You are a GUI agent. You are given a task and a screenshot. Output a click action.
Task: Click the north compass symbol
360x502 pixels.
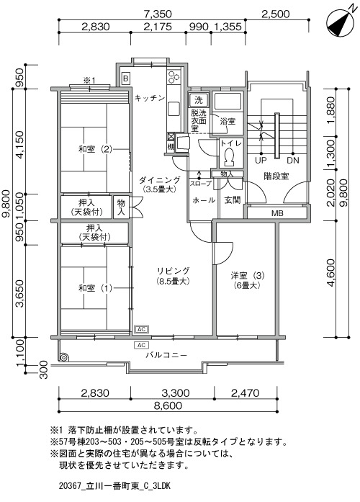pos(340,23)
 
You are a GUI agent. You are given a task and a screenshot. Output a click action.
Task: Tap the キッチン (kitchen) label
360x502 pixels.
pos(150,98)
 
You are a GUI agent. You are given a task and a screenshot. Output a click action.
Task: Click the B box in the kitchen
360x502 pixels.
pos(126,78)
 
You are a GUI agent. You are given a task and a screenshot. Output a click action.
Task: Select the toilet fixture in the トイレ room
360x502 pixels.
pos(228,156)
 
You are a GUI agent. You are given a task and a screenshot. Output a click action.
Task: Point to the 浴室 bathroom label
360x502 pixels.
pos(228,121)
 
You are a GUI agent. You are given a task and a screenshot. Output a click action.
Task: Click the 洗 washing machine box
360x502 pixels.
pos(199,100)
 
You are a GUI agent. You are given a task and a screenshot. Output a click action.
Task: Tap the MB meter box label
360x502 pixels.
pos(277,213)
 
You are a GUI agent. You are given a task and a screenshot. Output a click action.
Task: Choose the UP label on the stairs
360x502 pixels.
pos(261,160)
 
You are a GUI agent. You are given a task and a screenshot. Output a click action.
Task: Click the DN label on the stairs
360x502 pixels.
pos(293,160)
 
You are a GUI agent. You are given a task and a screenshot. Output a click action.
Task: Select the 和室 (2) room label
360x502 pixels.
pos(95,149)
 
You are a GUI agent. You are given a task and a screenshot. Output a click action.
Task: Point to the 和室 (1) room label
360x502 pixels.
pos(95,288)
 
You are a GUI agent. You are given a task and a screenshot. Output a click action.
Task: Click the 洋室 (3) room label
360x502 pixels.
pos(248,275)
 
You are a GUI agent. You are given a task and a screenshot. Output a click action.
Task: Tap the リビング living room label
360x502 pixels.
pos(173,271)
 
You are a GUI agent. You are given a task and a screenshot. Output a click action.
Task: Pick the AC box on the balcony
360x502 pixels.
pos(141,345)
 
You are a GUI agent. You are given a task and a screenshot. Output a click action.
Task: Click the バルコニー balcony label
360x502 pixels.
pos(166,355)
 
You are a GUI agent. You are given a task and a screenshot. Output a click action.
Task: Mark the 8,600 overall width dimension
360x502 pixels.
pos(168,405)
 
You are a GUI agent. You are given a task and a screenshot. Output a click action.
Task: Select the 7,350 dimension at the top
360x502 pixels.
pos(158,14)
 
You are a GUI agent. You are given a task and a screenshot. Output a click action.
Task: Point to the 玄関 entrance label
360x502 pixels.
pos(233,200)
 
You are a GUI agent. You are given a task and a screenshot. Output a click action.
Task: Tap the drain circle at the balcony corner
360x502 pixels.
pos(63,358)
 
